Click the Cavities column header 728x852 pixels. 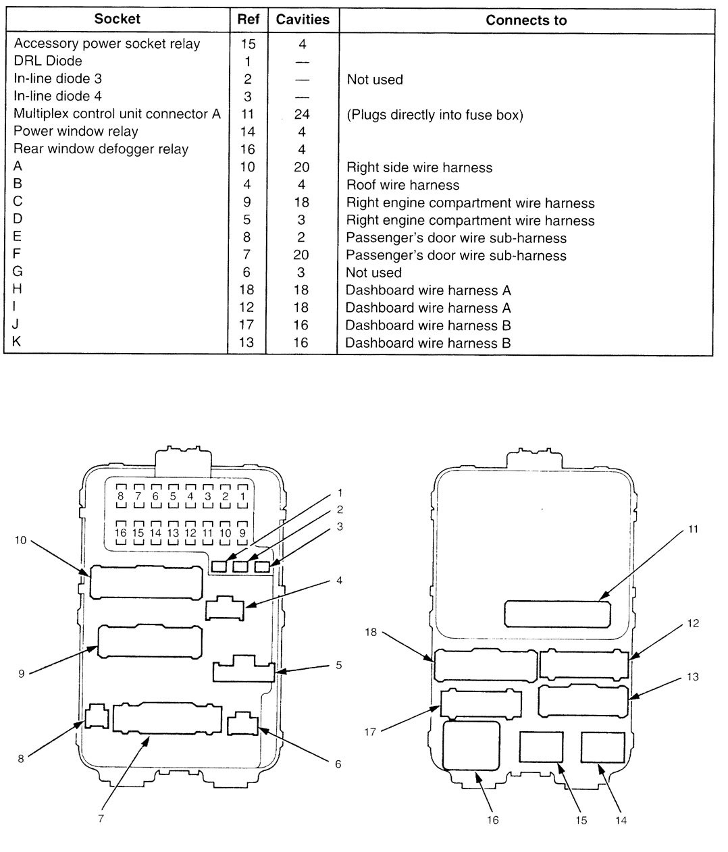click(302, 20)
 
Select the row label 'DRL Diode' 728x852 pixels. click(48, 61)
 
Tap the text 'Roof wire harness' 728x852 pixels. click(402, 185)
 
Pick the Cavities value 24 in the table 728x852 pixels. click(301, 114)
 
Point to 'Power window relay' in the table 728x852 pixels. click(76, 132)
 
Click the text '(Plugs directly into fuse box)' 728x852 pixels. click(435, 115)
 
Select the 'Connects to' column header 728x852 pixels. click(526, 20)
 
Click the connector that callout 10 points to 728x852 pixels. click(146, 582)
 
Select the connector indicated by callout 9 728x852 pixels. click(150, 642)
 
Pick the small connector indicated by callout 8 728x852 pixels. click(97, 716)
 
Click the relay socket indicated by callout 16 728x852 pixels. click(471, 745)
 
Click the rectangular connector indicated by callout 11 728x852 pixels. click(558, 614)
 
